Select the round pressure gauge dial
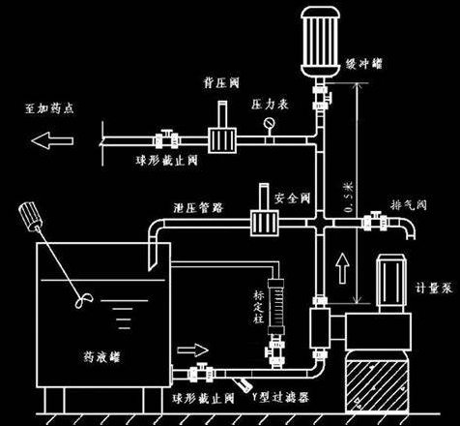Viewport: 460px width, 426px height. [266, 124]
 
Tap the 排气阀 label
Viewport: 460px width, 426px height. [405, 204]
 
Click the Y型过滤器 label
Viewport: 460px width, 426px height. [274, 396]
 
